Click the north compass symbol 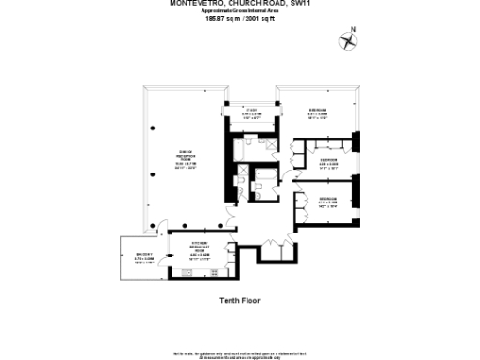click(351, 39)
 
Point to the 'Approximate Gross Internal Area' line click(239, 9)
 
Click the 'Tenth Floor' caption click(239, 300)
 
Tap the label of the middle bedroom click(328, 163)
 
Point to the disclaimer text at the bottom click(239, 355)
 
